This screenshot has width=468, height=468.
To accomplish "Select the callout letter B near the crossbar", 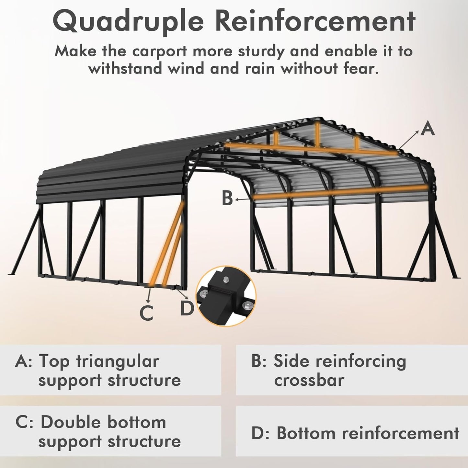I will point(227,198).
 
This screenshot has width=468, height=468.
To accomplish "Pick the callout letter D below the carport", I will point(187,308).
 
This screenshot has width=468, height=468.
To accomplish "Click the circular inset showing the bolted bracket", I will point(226,296).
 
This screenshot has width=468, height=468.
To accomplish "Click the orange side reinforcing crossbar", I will point(340,192).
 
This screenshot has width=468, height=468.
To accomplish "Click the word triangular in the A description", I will point(117,361).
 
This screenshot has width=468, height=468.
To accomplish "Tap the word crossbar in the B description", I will point(309,380).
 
